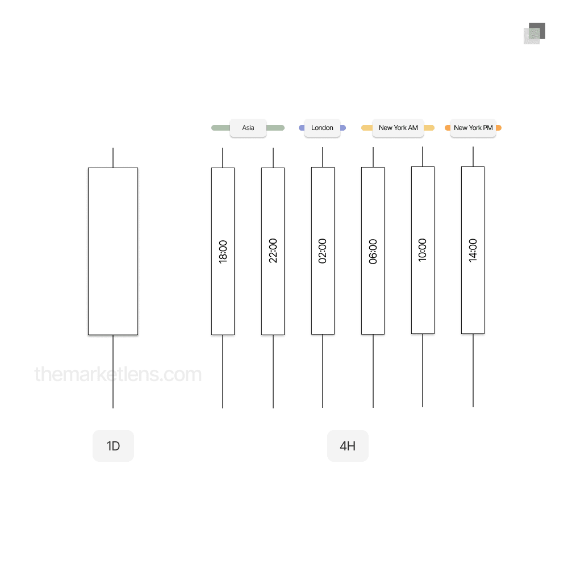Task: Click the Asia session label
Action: (248, 128)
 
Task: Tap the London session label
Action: (322, 128)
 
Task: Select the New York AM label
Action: (398, 128)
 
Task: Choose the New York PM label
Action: (473, 128)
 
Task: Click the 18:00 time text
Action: (223, 252)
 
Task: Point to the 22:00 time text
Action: (273, 250)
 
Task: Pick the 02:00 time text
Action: (323, 250)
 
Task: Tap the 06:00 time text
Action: (373, 252)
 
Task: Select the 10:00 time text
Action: (423, 250)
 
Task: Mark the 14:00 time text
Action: (473, 250)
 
